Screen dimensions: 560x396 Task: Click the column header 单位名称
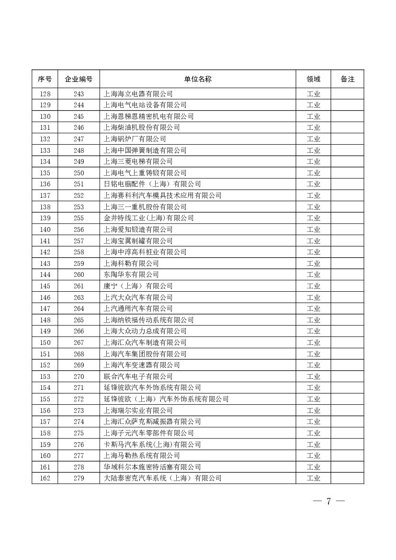[x=197, y=79]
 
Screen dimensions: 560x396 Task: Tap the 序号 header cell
[x=45, y=79]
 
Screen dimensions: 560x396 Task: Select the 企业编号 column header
[x=79, y=79]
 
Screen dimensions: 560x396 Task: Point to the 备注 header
[x=347, y=79]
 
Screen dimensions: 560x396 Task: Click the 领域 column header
[x=313, y=79]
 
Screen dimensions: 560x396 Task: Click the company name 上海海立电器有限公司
[x=138, y=94]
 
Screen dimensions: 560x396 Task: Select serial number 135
[x=45, y=173]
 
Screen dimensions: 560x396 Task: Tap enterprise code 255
[x=79, y=218]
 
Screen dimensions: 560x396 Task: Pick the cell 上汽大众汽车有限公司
[x=138, y=297]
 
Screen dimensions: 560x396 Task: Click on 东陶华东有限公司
[x=131, y=274]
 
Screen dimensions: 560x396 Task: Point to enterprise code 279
[x=79, y=478]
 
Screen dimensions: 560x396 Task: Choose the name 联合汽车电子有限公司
[x=138, y=377]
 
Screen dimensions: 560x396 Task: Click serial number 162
[x=45, y=478]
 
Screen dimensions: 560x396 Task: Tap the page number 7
[x=328, y=502]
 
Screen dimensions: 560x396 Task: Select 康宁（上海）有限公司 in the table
[x=138, y=286]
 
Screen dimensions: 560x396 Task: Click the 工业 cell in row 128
[x=313, y=94]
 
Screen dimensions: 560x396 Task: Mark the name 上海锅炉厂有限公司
[x=135, y=139]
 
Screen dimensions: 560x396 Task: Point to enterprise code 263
[x=79, y=297]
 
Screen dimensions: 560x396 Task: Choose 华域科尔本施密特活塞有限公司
[x=152, y=467]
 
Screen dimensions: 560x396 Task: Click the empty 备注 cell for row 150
[x=347, y=343]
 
